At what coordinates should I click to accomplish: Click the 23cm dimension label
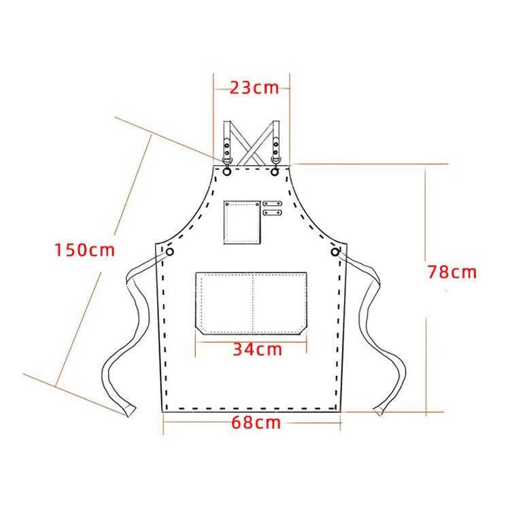pos(254,88)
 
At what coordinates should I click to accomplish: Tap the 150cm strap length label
pos(84,250)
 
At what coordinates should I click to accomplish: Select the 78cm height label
pos(452,272)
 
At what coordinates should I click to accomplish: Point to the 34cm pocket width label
pos(258,350)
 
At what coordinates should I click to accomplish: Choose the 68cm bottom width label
pos(256,422)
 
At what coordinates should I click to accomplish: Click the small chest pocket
pos(242,223)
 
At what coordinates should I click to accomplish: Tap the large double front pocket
pos(251,304)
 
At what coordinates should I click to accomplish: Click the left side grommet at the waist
pos(170,252)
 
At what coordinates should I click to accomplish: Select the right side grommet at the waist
pos(335,252)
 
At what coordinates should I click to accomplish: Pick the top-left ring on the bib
pos(226,171)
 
